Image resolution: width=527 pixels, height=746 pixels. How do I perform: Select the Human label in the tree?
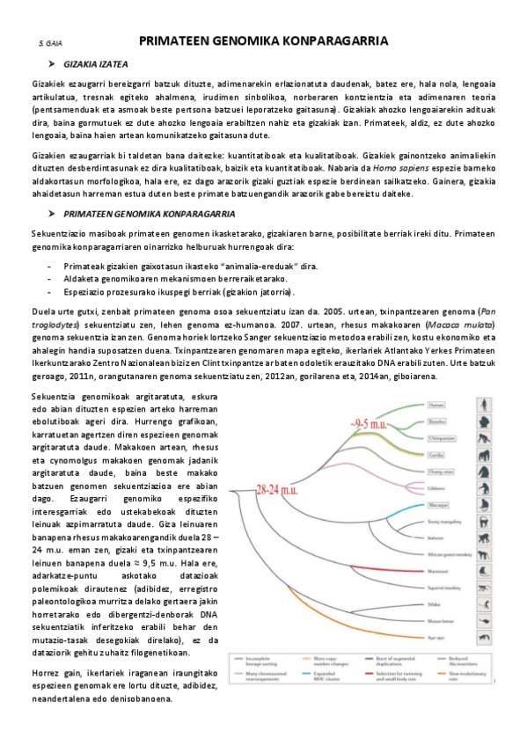[437, 406]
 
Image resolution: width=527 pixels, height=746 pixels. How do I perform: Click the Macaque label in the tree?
[438, 506]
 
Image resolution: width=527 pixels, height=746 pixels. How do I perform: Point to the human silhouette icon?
[485, 406]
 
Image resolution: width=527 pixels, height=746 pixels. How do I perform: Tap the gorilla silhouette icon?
[485, 455]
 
